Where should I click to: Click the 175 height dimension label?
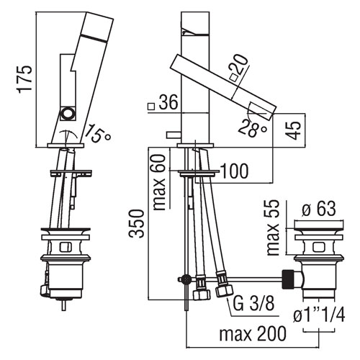[24, 78]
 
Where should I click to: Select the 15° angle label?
[98, 134]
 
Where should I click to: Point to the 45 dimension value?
[294, 130]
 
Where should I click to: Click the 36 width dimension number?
[168, 102]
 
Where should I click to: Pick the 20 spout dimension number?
[238, 64]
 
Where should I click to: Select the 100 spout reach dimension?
[234, 171]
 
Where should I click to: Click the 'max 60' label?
[159, 182]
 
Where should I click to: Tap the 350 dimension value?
[136, 223]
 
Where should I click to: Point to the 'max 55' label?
[273, 228]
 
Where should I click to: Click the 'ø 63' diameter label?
[319, 208]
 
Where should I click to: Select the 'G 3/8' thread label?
[253, 303]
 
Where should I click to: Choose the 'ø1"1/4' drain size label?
[319, 315]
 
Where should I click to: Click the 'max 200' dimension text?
[253, 333]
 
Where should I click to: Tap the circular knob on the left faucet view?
[68, 113]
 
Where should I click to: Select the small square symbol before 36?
[151, 107]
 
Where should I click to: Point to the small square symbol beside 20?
[233, 78]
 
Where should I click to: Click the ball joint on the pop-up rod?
[186, 279]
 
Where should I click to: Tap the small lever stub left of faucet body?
[174, 135]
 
